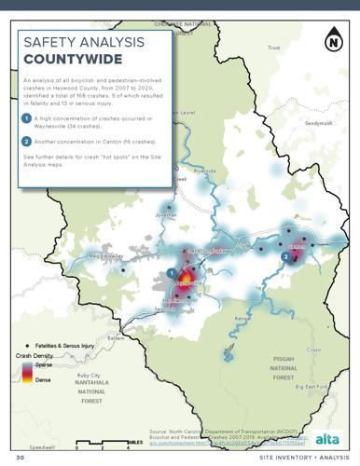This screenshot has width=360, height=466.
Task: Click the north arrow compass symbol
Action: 333,42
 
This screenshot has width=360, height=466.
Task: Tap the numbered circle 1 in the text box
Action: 28,117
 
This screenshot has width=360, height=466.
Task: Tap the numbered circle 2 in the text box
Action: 28,142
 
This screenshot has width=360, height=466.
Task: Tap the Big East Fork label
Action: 312,387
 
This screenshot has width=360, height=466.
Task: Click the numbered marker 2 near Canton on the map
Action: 284,256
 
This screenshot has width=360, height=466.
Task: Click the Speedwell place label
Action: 42,446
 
